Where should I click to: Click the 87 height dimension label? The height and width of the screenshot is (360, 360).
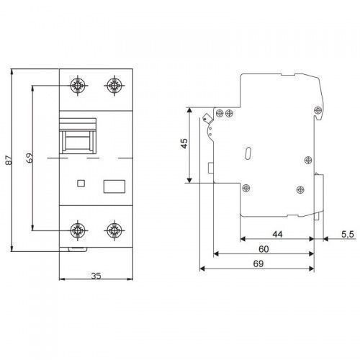9,160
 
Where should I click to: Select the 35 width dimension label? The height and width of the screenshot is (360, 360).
96,276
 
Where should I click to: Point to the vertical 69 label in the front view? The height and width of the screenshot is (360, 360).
30,158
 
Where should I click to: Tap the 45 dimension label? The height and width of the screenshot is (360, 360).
184,143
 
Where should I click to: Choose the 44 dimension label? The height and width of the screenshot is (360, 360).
277,234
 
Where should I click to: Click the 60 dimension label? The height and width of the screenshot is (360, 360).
264,249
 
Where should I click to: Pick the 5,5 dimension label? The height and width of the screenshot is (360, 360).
348,234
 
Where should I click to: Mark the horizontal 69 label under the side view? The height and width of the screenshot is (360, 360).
258,264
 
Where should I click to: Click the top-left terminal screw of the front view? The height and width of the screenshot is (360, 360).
78,85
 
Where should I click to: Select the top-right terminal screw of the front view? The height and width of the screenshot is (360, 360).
114,85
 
